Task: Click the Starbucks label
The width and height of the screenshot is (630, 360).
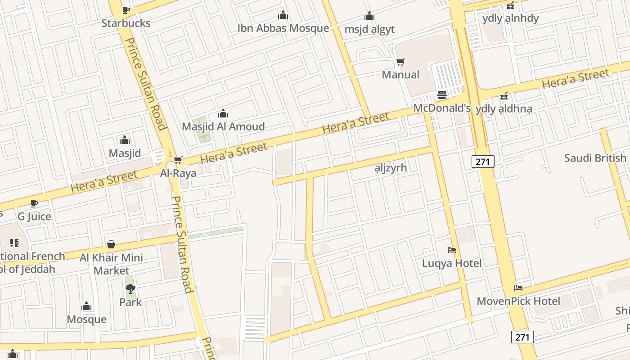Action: [x=126, y=23]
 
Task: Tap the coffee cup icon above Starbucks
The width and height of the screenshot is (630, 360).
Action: [x=126, y=10]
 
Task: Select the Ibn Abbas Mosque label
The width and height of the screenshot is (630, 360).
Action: [x=283, y=28]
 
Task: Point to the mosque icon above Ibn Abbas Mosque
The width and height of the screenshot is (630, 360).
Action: [x=283, y=15]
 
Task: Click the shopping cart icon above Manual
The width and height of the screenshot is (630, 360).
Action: [x=400, y=62]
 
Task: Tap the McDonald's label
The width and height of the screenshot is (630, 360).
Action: [x=442, y=108]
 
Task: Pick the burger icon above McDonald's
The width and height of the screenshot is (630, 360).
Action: [x=442, y=95]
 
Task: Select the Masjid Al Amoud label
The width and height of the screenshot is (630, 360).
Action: [x=223, y=126]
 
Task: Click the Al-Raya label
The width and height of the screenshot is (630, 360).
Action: [x=178, y=173]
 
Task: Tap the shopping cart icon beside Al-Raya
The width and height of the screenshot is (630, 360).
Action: [x=178, y=160]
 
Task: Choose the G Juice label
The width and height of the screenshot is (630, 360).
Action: [x=34, y=216]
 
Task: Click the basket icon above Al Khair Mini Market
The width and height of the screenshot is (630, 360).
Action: [x=111, y=244]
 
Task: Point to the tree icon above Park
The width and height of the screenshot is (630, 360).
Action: [x=130, y=289]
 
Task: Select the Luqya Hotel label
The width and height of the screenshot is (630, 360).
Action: [x=452, y=263]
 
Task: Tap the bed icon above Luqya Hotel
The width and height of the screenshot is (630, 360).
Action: [x=452, y=250]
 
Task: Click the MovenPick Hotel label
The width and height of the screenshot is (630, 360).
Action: [x=518, y=301]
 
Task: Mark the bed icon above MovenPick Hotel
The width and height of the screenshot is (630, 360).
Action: [x=518, y=288]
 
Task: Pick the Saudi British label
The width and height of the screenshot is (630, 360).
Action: [x=595, y=158]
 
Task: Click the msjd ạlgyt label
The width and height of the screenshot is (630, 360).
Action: [x=369, y=29]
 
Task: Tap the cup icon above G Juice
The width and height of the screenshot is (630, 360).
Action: [x=34, y=203]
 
